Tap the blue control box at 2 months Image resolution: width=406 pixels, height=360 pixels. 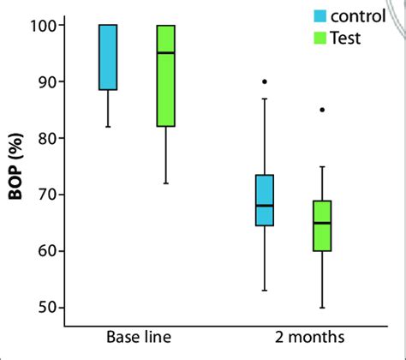coord(265,201)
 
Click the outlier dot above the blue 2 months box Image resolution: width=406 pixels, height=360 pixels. coord(265,81)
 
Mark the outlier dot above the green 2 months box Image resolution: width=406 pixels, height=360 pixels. coord(322,110)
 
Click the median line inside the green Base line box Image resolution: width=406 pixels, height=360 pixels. coord(165,53)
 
